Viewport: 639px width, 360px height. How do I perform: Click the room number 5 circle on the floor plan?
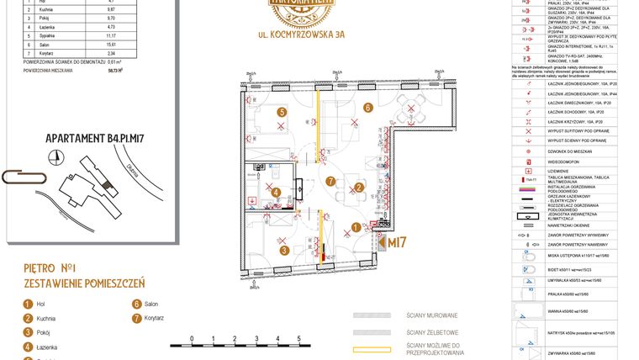click(283, 111)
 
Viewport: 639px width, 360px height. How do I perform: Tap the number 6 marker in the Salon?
click(367, 107)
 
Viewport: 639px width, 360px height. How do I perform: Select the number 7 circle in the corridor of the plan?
click(330, 180)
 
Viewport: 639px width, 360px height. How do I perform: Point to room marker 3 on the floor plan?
click(284, 250)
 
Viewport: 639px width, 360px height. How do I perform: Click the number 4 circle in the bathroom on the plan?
click(277, 193)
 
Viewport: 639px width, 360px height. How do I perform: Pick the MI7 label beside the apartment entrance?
click(396, 242)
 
